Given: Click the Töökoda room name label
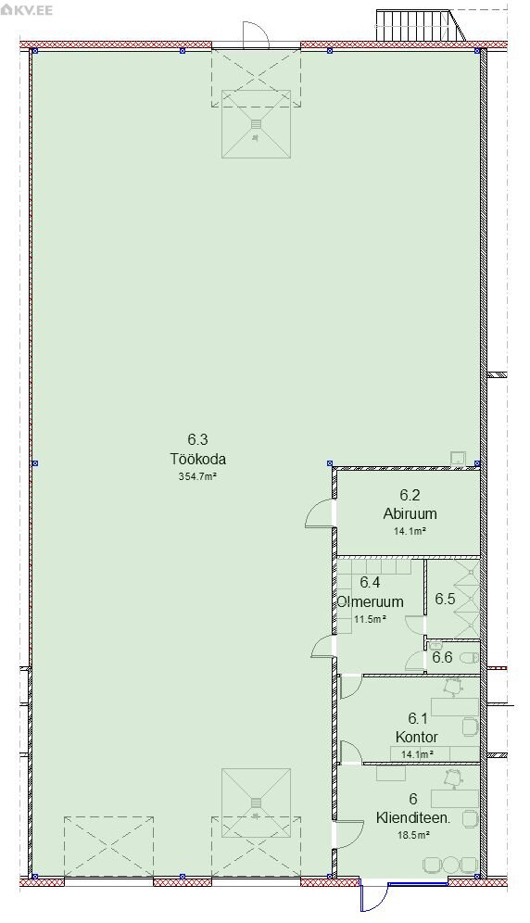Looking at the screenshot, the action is click(x=198, y=459).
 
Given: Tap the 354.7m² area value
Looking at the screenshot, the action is click(x=198, y=477).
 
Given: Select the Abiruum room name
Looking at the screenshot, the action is click(x=410, y=513).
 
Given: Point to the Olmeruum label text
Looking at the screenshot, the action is click(x=371, y=601).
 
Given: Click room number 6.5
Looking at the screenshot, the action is click(x=445, y=599).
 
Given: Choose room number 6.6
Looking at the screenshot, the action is click(x=442, y=657).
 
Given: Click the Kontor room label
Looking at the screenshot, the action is click(x=417, y=737).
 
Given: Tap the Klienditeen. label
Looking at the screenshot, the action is click(x=413, y=817).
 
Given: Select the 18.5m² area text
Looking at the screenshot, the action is click(x=413, y=834).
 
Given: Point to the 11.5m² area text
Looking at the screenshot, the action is click(x=371, y=619).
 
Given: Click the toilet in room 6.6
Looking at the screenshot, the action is click(x=471, y=657).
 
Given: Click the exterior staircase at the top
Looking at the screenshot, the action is click(x=420, y=27).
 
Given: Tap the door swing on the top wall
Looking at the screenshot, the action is click(x=256, y=34).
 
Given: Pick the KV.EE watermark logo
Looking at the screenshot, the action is click(x=28, y=10).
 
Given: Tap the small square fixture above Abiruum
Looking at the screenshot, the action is click(x=458, y=459).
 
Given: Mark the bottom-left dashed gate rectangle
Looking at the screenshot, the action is click(x=109, y=846).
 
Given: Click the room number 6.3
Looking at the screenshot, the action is click(x=198, y=439).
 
